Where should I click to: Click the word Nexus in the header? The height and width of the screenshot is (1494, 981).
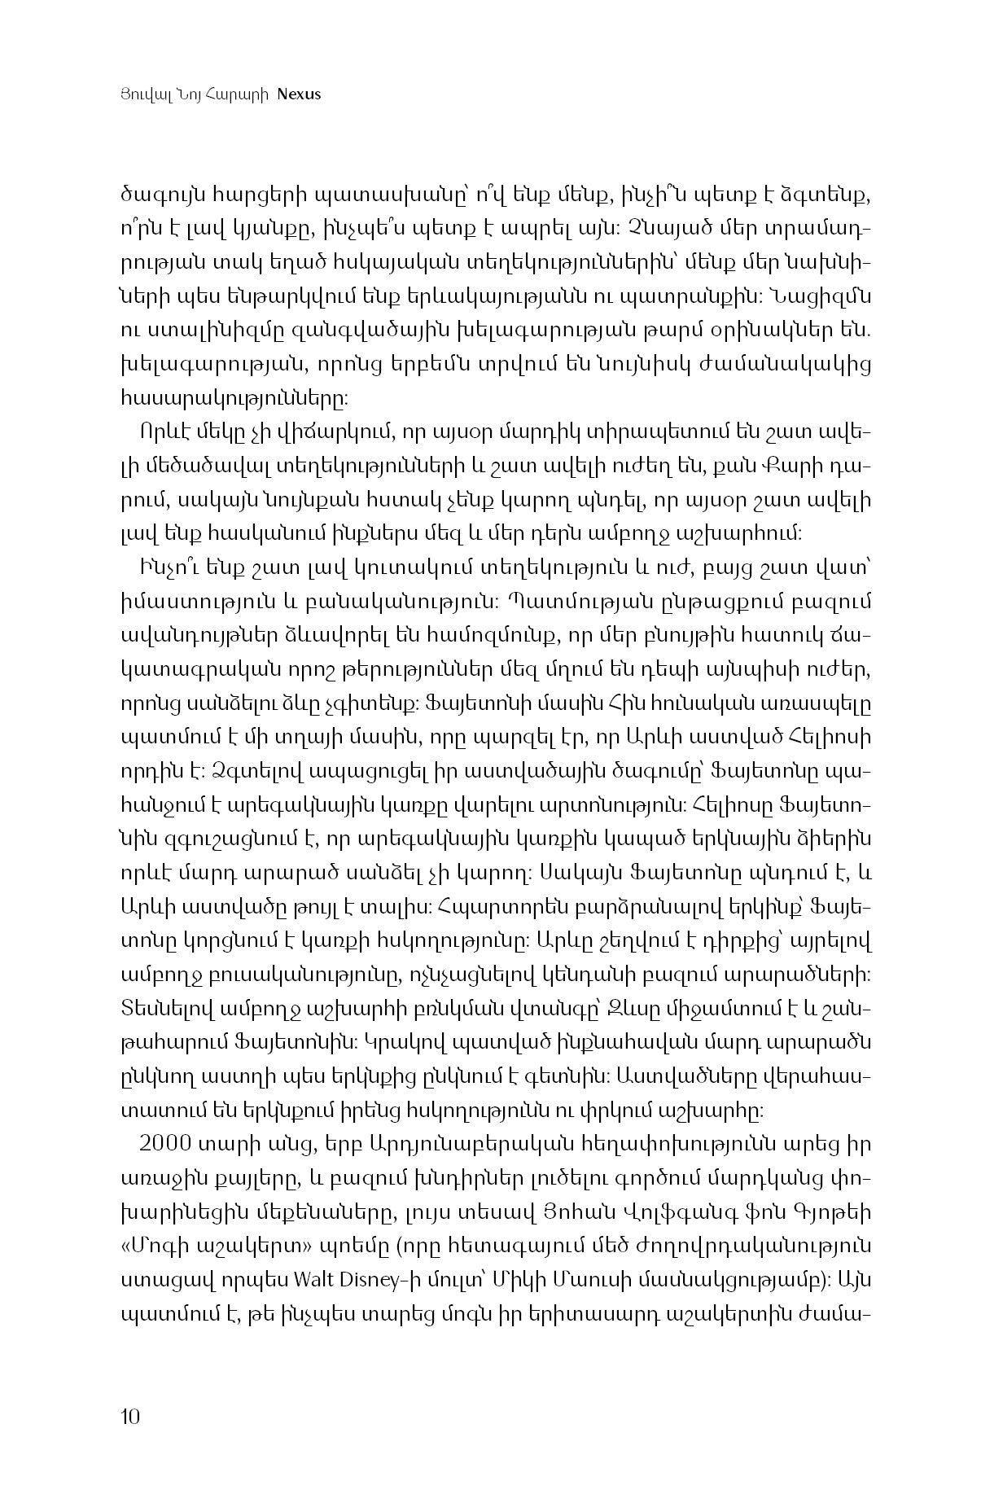[299, 94]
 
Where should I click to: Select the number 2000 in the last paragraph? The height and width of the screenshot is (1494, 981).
[167, 1144]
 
